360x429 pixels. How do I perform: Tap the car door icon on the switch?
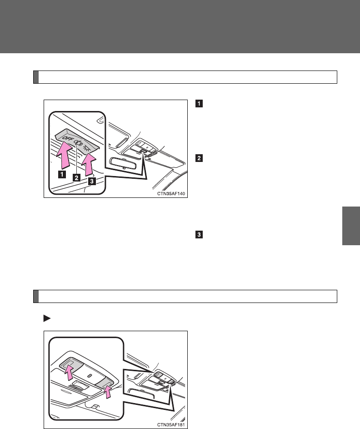pos(79,143)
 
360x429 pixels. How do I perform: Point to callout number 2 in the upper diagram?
pos(77,177)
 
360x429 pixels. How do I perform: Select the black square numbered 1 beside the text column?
pos(198,102)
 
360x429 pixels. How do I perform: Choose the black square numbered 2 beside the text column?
pos(198,159)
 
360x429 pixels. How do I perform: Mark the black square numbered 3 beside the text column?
pos(198,235)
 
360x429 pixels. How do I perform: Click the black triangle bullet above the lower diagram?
pos(46,318)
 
